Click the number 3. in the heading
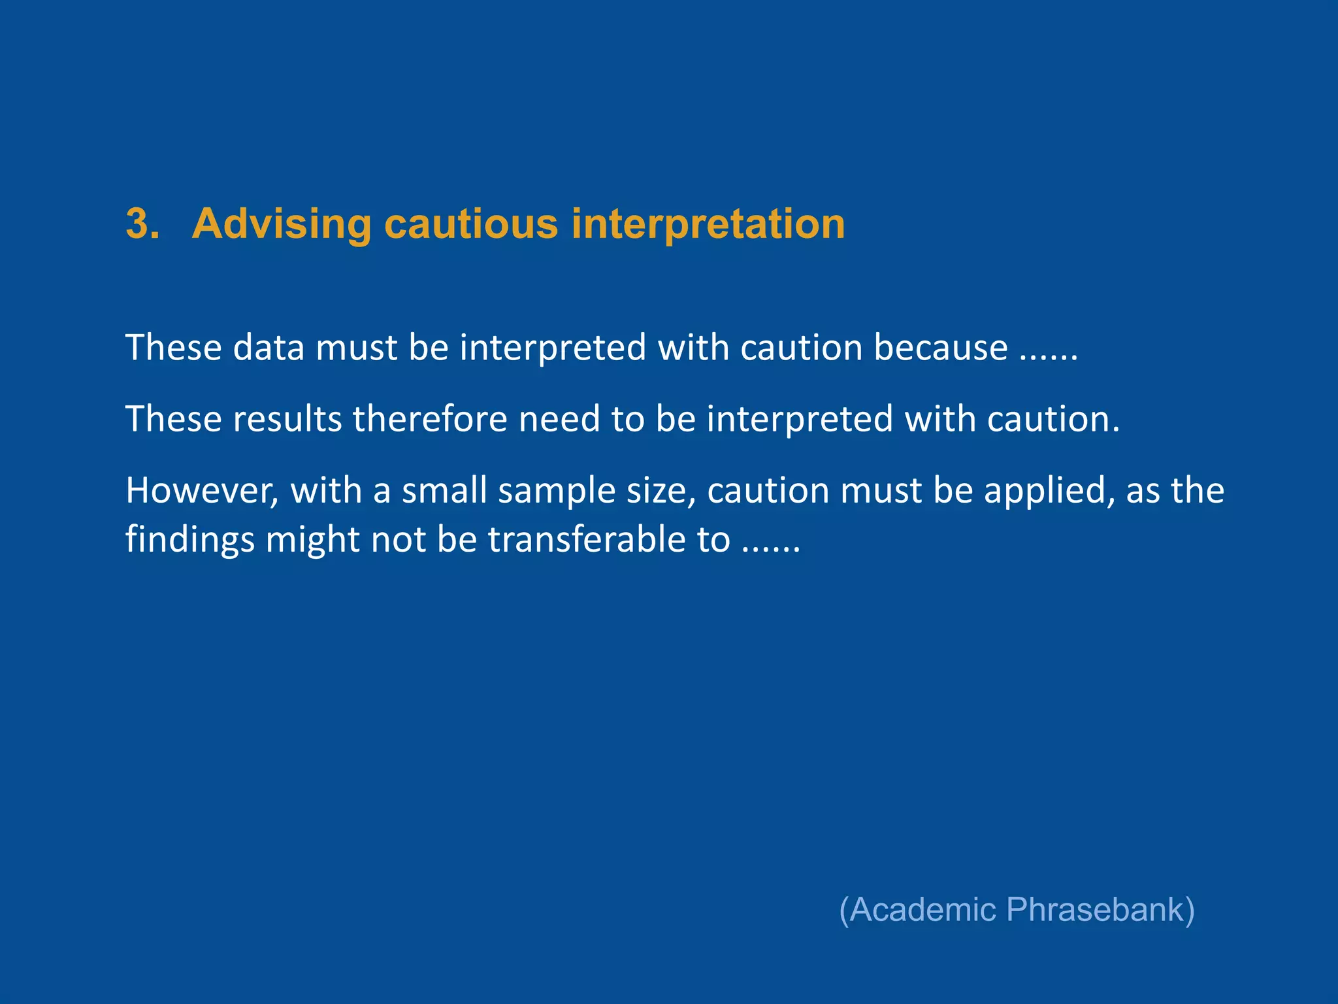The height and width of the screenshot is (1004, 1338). coord(142,224)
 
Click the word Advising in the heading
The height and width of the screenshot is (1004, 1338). coord(281,224)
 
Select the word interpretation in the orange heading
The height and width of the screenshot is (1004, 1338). coord(708,224)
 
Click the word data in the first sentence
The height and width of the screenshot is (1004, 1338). coord(269,347)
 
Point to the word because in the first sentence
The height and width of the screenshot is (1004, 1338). coord(941,347)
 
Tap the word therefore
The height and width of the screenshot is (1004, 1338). coord(430,419)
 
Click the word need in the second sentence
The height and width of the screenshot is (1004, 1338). coord(559,419)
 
